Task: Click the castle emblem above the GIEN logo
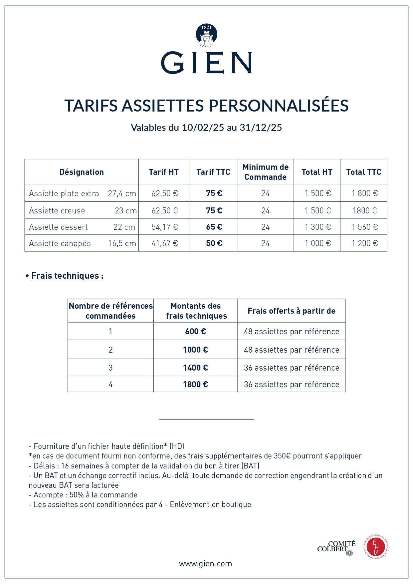tap(206, 35)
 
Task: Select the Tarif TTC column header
tap(213, 172)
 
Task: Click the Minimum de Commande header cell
tap(265, 172)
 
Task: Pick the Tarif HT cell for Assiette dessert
tap(164, 227)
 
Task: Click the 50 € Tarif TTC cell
tap(214, 243)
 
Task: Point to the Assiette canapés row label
tap(60, 243)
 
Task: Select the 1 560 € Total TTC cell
tap(365, 227)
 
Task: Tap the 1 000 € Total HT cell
tap(318, 243)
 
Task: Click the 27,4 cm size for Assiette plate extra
tap(122, 193)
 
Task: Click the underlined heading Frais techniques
tap(67, 276)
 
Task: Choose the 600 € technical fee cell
tap(195, 332)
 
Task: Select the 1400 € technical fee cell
tap(195, 368)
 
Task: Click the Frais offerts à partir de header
tap(292, 311)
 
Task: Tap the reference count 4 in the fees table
tap(110, 385)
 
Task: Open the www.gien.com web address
tap(205, 564)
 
